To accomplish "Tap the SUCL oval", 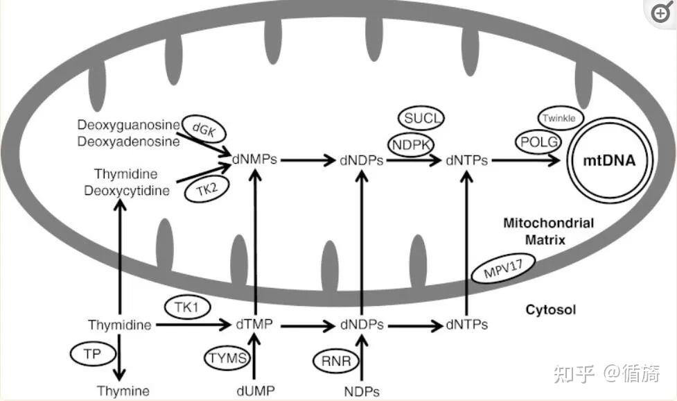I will click(421, 119).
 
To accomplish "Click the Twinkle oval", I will click(558, 119).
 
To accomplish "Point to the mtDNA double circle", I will click(610, 160).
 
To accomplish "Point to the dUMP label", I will click(256, 391).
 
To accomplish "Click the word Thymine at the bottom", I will click(123, 391).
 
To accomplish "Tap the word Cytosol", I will click(550, 309).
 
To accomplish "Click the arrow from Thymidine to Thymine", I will click(122, 355).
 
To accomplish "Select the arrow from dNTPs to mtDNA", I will click(527, 160).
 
